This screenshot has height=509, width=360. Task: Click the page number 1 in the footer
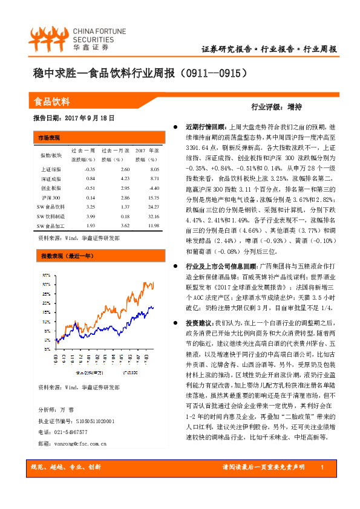(x=322, y=468)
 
